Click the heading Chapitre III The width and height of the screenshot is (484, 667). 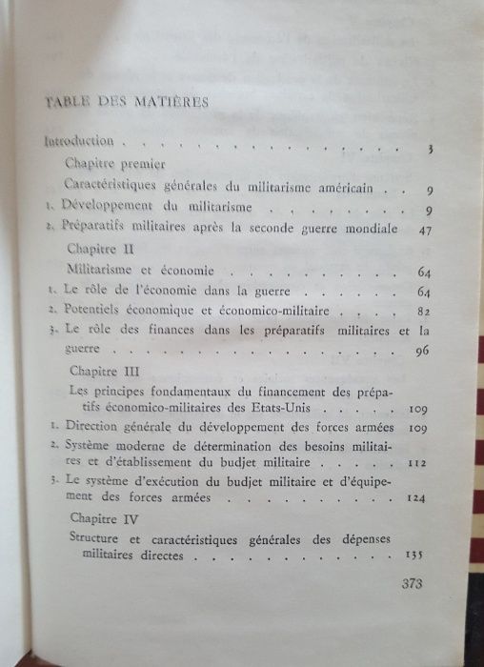tap(102, 371)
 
